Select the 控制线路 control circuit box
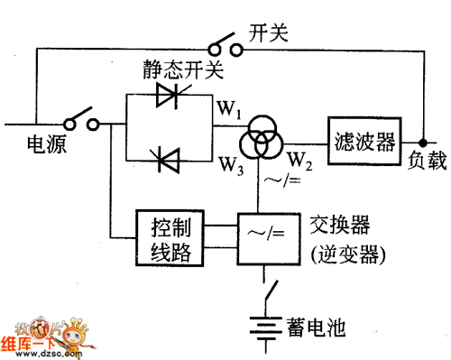pos(172,238)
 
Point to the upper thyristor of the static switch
pos(170,97)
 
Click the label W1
pos(227,111)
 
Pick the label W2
pos(300,162)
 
